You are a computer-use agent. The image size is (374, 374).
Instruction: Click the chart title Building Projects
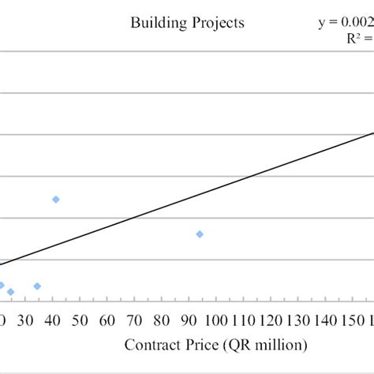click(x=187, y=23)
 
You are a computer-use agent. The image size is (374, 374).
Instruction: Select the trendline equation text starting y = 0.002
click(x=346, y=23)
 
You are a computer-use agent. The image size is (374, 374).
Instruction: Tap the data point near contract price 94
click(x=200, y=234)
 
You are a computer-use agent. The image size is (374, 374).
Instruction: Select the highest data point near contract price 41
click(x=56, y=199)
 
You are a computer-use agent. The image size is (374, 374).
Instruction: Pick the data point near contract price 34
click(x=37, y=286)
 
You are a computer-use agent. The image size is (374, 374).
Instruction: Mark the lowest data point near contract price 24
click(x=10, y=292)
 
